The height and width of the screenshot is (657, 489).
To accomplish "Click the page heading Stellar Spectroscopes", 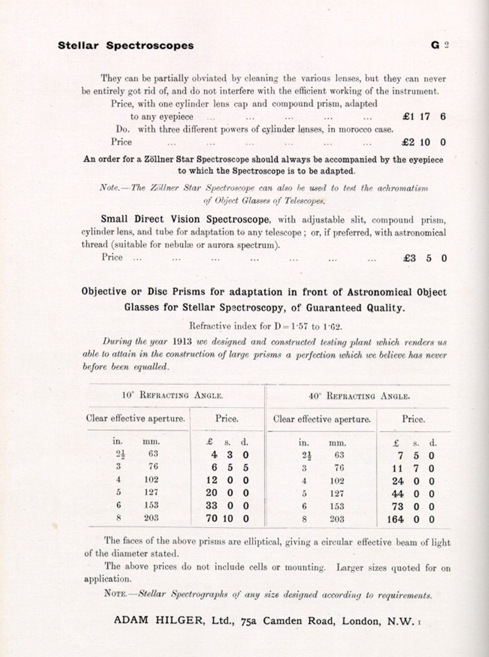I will (125, 46).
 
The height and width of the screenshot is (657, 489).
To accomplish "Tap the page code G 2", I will (440, 45).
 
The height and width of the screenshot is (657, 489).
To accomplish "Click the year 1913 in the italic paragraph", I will (183, 342).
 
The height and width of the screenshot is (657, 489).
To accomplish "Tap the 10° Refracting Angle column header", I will (172, 395).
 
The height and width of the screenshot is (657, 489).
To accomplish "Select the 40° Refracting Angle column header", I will (359, 396).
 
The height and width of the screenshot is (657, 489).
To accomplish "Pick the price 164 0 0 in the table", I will (411, 520).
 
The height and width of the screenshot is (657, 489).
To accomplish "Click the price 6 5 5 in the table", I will (230, 468).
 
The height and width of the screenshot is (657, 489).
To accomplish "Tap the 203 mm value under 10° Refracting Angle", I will (151, 518).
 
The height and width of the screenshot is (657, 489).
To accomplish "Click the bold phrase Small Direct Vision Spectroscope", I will (185, 219).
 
